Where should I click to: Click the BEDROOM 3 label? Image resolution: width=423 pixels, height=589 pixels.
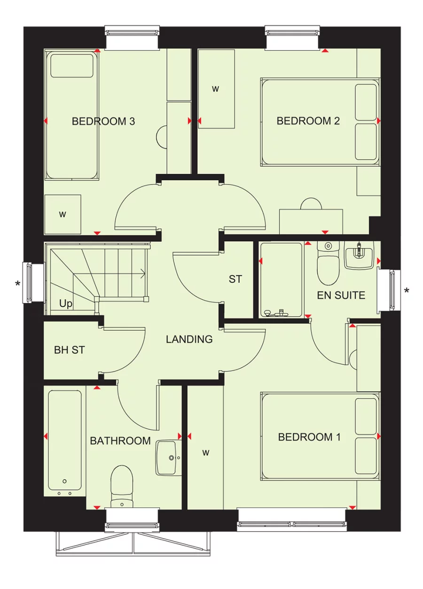pos(103,121)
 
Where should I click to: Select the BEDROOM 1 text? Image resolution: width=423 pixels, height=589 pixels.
pos(309,437)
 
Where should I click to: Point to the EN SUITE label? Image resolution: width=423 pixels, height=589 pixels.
pos(341,295)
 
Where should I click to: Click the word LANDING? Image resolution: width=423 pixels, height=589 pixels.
pos(189,339)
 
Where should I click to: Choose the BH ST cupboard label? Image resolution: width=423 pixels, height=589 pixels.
pos(69,350)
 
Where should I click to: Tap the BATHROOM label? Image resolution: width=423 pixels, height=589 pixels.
pos(120,441)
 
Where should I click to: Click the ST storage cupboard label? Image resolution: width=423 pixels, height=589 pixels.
pos(235,279)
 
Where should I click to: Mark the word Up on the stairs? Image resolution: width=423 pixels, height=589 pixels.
pos(66,304)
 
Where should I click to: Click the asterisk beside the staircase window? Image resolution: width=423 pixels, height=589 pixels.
pos(18,284)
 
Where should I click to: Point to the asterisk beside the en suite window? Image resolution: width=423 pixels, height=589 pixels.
pos(407,291)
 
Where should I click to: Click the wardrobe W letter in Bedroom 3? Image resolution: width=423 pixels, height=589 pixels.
pos(63,215)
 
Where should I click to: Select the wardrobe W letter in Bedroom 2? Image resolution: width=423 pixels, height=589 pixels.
pos(216,89)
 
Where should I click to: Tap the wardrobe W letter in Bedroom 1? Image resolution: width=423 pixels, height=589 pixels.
pos(205,453)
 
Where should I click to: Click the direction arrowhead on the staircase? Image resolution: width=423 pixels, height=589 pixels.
pos(143,272)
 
